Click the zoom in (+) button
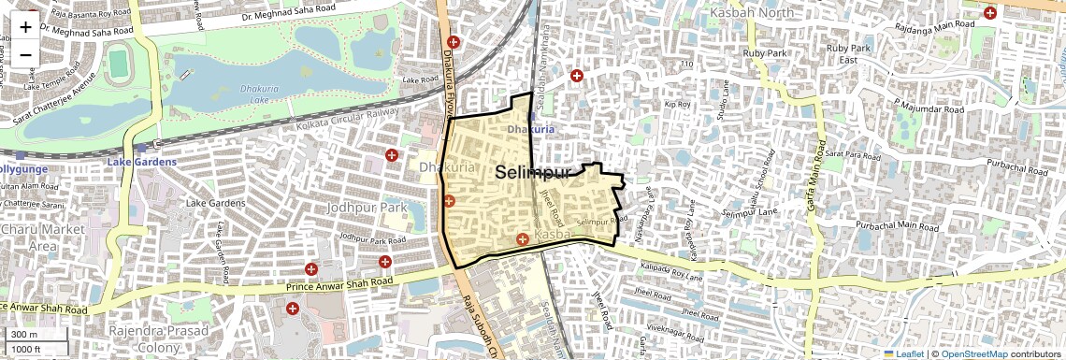click(x=25, y=27)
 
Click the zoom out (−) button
click(x=25, y=54)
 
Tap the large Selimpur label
click(x=532, y=173)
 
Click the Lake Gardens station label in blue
click(x=141, y=162)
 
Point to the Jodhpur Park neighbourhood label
click(x=367, y=207)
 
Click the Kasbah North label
click(x=751, y=13)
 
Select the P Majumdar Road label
click(x=928, y=108)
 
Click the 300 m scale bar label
click(x=24, y=335)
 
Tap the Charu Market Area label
click(x=43, y=237)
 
